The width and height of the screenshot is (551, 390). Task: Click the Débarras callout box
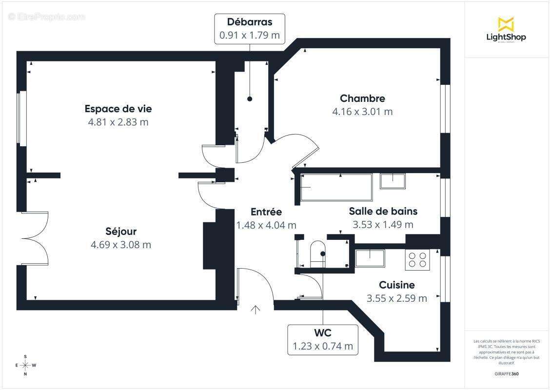[250, 29]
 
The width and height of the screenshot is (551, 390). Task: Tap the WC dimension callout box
[323, 339]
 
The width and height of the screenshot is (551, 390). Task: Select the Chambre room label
[362, 98]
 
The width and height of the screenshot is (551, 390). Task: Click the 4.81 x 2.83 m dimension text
[118, 122]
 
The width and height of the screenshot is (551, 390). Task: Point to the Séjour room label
[121, 232]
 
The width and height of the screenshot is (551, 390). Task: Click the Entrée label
[266, 212]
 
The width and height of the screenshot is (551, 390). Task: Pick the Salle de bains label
[383, 211]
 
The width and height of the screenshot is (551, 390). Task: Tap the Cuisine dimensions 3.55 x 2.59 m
[396, 298]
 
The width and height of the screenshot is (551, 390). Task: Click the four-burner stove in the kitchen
[417, 259]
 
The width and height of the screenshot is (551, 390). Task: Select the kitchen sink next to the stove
[370, 257]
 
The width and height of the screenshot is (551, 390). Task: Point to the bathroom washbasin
[393, 180]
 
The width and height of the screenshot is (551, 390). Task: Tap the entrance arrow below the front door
[255, 310]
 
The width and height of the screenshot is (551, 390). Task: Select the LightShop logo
[506, 30]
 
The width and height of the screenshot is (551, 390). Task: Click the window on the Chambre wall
[445, 109]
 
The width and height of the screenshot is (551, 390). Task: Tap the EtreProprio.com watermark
[47, 17]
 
